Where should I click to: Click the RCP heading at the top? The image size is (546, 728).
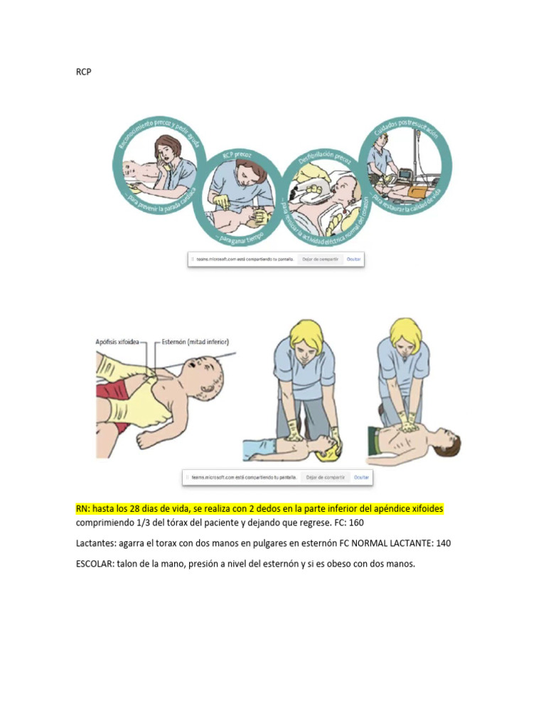83,72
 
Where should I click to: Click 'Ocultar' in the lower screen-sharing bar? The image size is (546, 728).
361,478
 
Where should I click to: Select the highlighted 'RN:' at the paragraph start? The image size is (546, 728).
84,510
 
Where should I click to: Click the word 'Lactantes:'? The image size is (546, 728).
98,543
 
